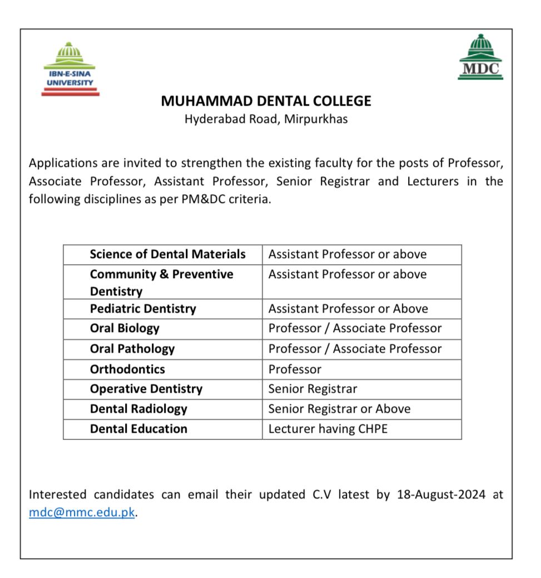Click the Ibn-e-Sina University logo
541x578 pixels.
click(71, 69)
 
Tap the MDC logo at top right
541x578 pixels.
click(480, 57)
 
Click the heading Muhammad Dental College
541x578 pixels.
click(266, 101)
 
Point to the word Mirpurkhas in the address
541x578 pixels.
click(316, 119)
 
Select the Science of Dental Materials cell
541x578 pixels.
click(167, 254)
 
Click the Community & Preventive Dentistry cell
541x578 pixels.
click(162, 282)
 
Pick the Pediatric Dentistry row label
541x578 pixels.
click(143, 309)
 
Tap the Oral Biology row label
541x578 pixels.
click(125, 329)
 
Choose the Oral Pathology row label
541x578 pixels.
click(132, 349)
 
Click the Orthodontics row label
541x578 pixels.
click(127, 369)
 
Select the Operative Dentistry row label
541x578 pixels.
click(146, 389)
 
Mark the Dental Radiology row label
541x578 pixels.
click(138, 409)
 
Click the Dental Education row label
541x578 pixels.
click(138, 429)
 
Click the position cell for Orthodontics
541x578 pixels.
click(295, 369)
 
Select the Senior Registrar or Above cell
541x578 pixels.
click(339, 409)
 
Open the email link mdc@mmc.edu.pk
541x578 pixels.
click(82, 512)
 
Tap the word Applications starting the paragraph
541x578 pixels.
click(61, 164)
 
